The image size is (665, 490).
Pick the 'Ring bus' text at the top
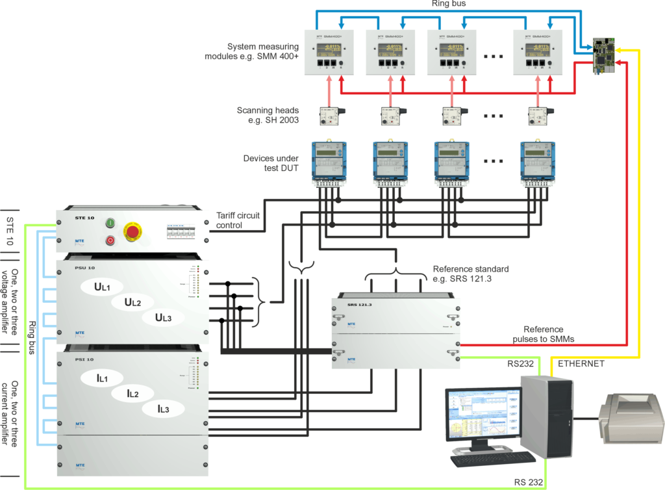pyautogui.click(x=448, y=5)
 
